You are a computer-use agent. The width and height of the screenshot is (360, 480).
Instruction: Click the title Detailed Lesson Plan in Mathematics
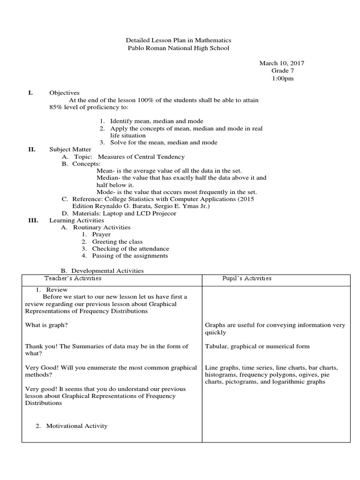point(179,41)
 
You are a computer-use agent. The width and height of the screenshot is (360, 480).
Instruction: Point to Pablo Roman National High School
point(179,48)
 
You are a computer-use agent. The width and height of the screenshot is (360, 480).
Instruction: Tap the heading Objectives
point(64,93)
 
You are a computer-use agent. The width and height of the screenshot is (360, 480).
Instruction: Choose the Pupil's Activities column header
point(247,278)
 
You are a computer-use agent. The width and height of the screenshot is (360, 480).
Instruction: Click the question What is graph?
point(49,325)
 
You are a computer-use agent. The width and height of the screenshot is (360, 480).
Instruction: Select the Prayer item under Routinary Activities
point(101,234)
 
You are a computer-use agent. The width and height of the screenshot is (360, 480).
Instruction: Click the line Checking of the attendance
point(130,249)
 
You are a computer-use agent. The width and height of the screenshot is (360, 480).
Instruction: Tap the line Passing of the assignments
point(130,256)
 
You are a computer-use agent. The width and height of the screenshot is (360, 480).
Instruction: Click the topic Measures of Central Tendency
point(141,157)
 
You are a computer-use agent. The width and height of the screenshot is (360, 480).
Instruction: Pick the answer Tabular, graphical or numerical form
point(257,346)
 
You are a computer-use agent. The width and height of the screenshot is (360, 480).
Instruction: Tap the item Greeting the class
point(117,242)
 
